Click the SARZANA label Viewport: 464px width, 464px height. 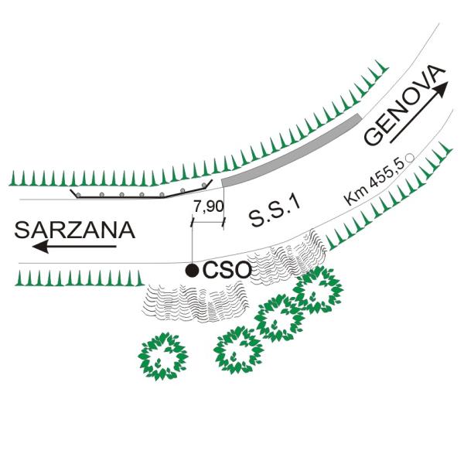[75, 230]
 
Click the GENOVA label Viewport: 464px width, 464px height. [404, 105]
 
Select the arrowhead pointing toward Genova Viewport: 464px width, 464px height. [440, 90]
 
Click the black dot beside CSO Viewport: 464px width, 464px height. [192, 270]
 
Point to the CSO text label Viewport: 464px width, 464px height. [227, 270]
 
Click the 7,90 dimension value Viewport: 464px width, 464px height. [209, 206]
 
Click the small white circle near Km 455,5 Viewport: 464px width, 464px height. [410, 158]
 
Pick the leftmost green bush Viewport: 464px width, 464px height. [162, 357]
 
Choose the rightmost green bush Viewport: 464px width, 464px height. [318, 290]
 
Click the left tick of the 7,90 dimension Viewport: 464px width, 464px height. [193, 223]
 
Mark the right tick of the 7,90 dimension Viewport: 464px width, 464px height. [223, 223]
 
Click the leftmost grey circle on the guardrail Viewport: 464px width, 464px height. [78, 195]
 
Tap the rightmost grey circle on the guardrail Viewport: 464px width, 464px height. [204, 186]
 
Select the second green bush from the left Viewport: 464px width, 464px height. [238, 350]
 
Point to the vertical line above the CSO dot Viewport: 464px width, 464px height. [193, 243]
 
